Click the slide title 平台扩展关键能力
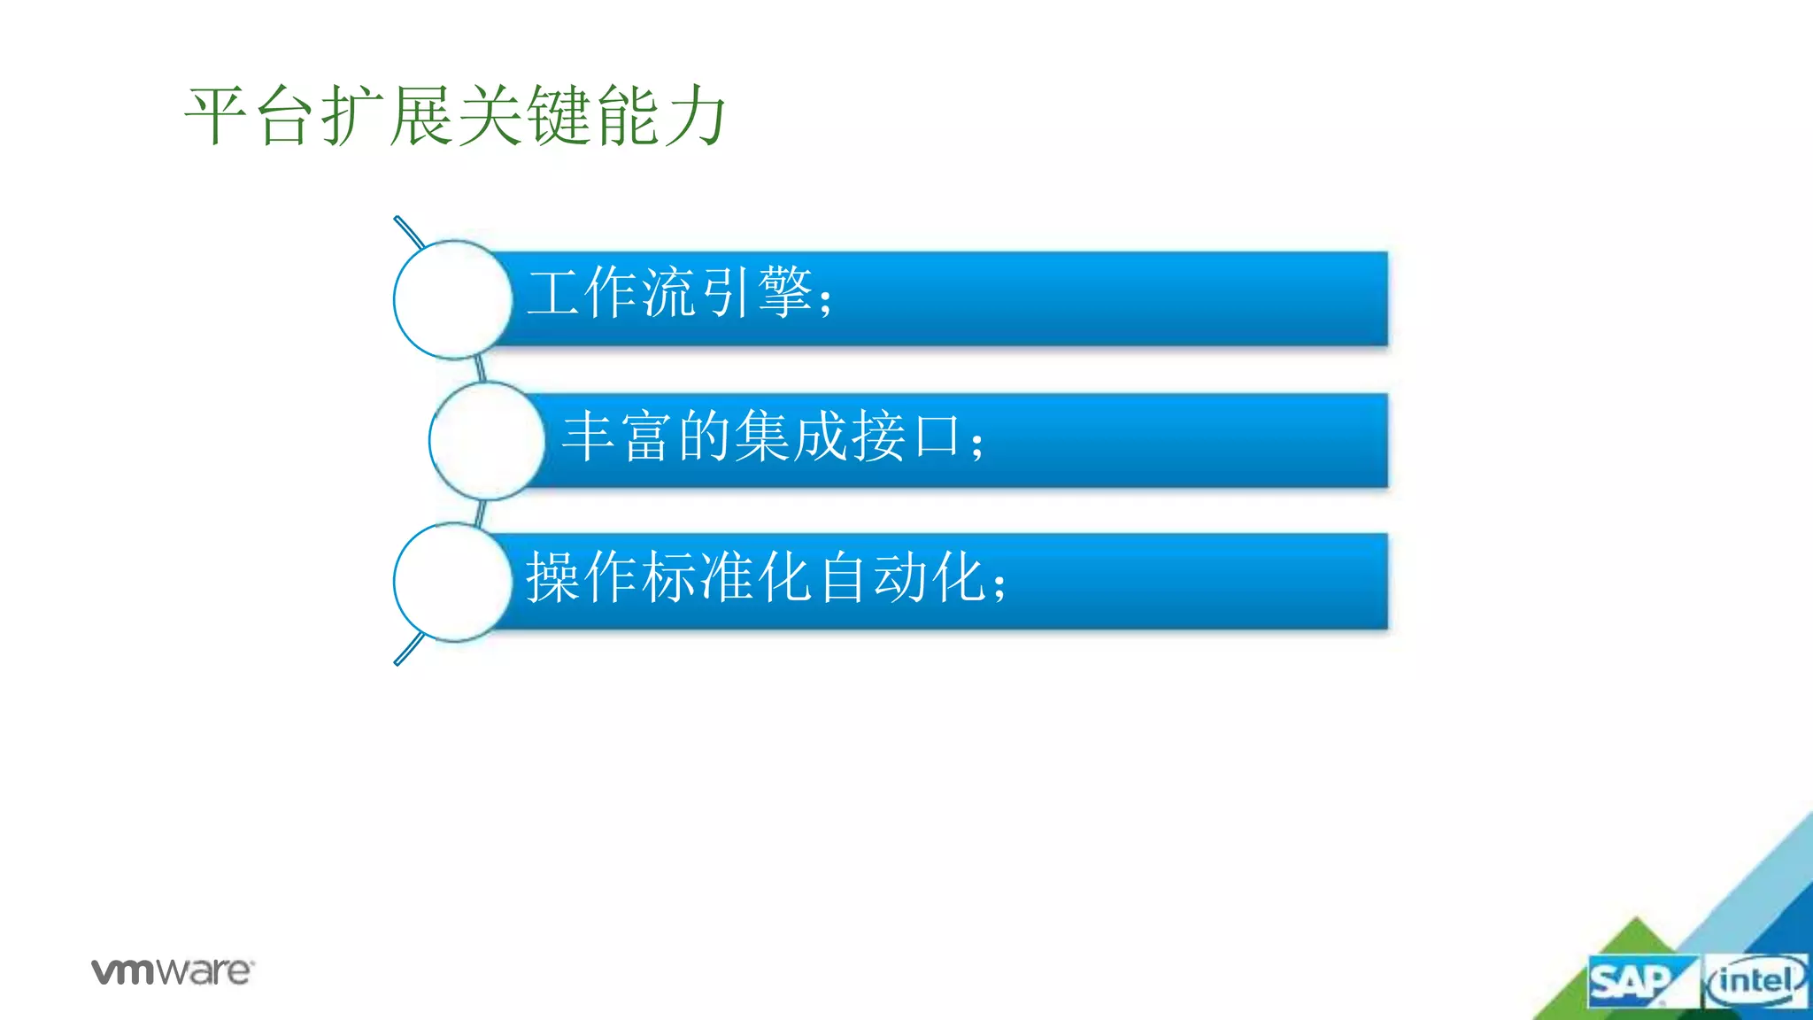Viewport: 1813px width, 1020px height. pos(455,115)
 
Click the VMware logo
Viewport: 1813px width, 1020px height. pos(172,971)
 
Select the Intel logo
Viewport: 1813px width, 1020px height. pos(1755,981)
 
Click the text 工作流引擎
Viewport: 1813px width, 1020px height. pos(669,292)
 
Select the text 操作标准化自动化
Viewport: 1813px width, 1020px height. pos(756,577)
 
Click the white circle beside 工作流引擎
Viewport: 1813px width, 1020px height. pos(452,299)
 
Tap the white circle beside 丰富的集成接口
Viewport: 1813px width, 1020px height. pos(487,440)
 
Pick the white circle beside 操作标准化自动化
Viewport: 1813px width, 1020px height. pos(452,582)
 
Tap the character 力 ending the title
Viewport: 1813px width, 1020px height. pos(696,115)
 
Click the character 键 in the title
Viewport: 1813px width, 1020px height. pos(559,115)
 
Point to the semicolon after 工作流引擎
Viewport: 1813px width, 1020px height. pos(826,301)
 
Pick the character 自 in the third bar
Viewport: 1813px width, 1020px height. pos(842,577)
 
